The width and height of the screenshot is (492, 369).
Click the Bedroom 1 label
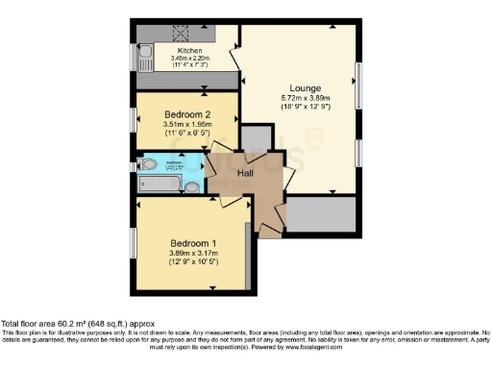point(193,242)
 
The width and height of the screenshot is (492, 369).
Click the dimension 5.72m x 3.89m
point(305,97)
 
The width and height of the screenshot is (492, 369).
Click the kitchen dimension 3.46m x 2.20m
point(188,58)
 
